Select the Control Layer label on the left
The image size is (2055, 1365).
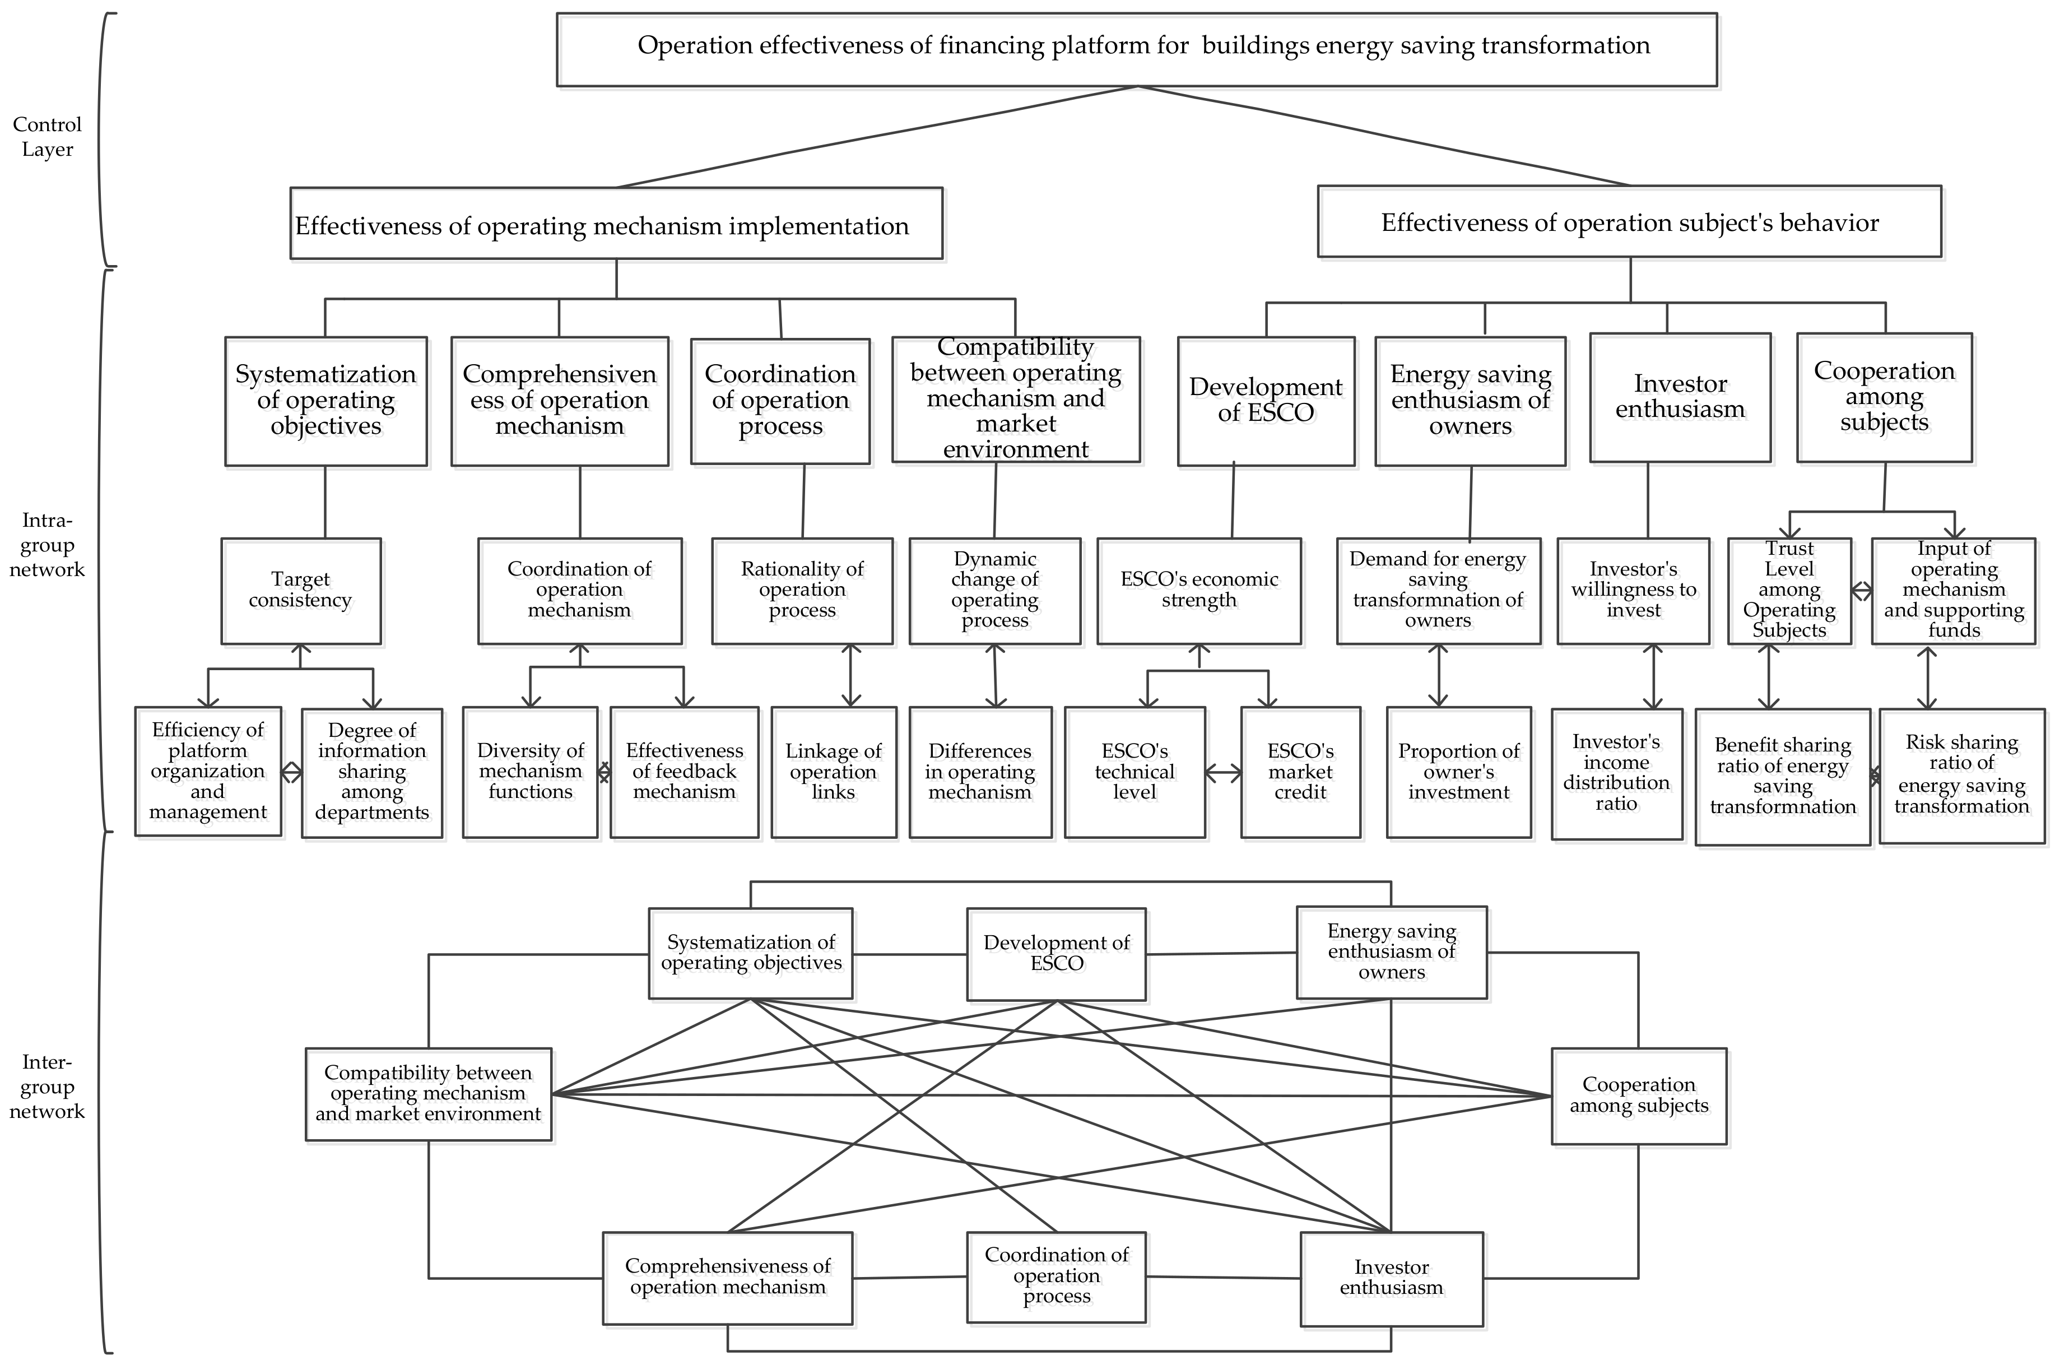pos(47,137)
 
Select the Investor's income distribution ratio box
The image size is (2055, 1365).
pos(1616,773)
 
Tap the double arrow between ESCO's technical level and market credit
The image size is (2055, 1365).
pos(1223,772)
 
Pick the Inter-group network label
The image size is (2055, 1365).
pos(47,1087)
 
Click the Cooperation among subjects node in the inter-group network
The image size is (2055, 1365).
pos(1638,1095)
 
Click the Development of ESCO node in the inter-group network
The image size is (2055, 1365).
pos(1056,953)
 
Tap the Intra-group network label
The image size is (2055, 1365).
pos(47,545)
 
